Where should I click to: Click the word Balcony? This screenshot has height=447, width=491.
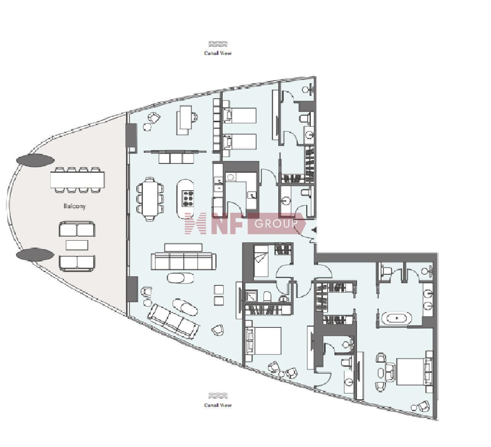74,206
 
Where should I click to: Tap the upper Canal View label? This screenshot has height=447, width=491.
218,53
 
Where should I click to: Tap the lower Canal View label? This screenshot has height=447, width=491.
218,405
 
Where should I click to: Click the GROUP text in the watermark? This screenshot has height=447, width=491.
276,223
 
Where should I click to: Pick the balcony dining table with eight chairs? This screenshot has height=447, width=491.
78,180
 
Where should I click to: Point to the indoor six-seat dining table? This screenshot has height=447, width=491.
150,199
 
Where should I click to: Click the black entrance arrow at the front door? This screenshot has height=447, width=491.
315,230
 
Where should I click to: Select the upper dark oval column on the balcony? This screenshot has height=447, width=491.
35,160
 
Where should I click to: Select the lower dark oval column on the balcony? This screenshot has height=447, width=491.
35,254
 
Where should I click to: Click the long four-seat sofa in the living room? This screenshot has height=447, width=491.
184,261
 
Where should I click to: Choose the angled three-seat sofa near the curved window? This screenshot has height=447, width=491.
174,321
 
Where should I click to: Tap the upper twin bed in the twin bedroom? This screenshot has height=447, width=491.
240,115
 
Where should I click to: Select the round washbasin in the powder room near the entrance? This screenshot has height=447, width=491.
285,201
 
